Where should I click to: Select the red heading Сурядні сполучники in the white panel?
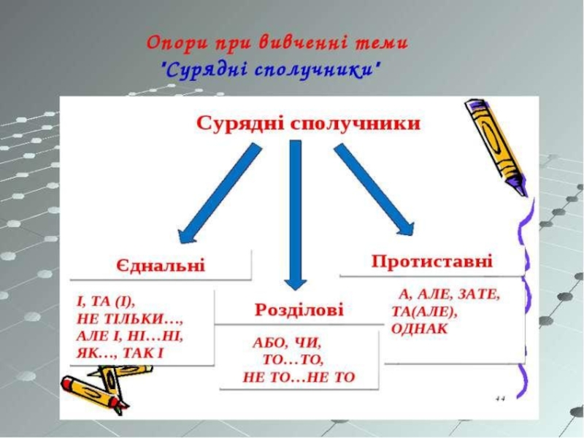point(308,123)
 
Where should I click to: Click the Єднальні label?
point(161,265)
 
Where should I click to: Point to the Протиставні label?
point(431,261)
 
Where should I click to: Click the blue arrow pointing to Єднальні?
point(218,191)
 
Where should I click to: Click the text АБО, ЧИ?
point(287,342)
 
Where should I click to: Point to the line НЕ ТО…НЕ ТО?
point(298,377)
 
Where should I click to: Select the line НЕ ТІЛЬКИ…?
point(128,319)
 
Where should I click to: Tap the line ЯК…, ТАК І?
point(120,353)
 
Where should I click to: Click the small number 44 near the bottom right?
point(501,399)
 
